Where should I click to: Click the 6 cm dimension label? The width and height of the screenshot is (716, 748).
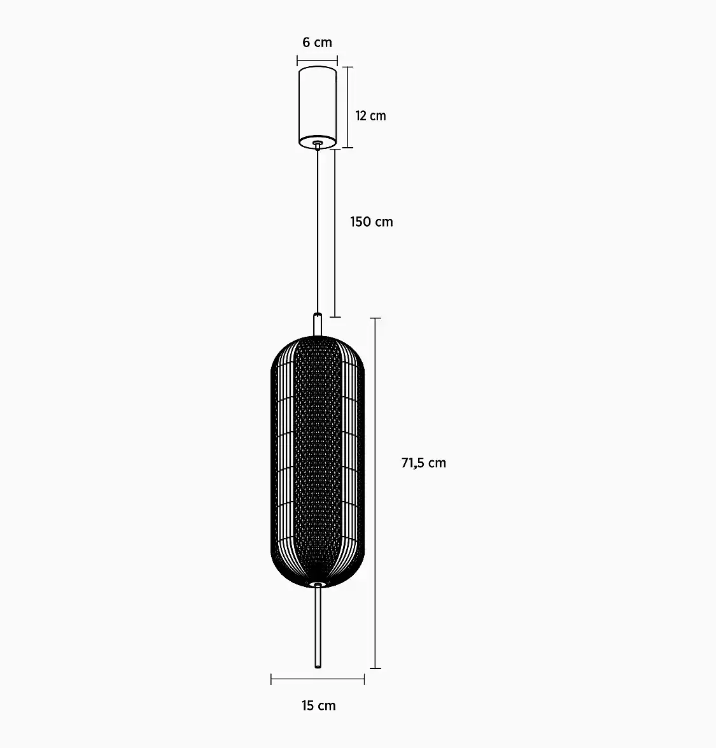317,43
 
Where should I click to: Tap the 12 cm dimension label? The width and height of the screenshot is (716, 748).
370,116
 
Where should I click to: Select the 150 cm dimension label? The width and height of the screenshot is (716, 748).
372,222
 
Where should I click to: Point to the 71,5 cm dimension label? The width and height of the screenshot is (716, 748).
424,463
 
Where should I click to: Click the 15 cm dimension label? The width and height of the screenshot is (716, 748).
319,705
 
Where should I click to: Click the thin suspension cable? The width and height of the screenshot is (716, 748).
318,231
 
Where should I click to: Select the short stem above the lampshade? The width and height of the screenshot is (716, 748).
318,325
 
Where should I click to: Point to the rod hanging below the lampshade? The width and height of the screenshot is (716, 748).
318,627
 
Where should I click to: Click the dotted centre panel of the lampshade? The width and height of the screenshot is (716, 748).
318,460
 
